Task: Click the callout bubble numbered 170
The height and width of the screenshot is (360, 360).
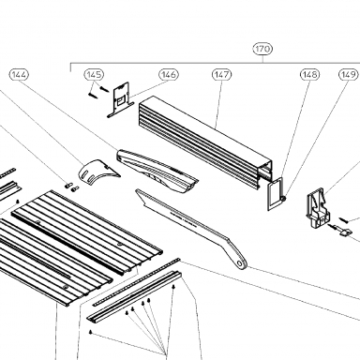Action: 262,49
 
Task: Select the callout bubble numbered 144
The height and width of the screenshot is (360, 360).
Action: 19,75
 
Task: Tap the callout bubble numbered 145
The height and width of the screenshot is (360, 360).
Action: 94,74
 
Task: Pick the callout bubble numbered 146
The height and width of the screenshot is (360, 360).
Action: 169,75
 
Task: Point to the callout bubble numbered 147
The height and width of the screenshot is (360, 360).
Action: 222,75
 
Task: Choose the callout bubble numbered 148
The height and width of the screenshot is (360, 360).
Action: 310,74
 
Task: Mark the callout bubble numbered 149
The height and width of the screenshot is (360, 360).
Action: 349,74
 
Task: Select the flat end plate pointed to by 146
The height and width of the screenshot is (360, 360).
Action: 120,100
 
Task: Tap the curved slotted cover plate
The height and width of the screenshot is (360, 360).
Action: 97,172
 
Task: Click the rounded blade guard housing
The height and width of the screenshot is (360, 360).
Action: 157,171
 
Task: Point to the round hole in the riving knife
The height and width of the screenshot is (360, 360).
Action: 240,263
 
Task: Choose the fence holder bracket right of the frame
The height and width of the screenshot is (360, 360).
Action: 318,208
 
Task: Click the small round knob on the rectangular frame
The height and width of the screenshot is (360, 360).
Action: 283,198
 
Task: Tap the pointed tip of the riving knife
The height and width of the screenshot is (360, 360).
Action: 136,189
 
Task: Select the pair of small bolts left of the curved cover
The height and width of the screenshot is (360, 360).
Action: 71,187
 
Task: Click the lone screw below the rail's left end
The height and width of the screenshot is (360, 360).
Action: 90,332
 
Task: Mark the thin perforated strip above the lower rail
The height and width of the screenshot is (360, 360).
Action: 137,281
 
